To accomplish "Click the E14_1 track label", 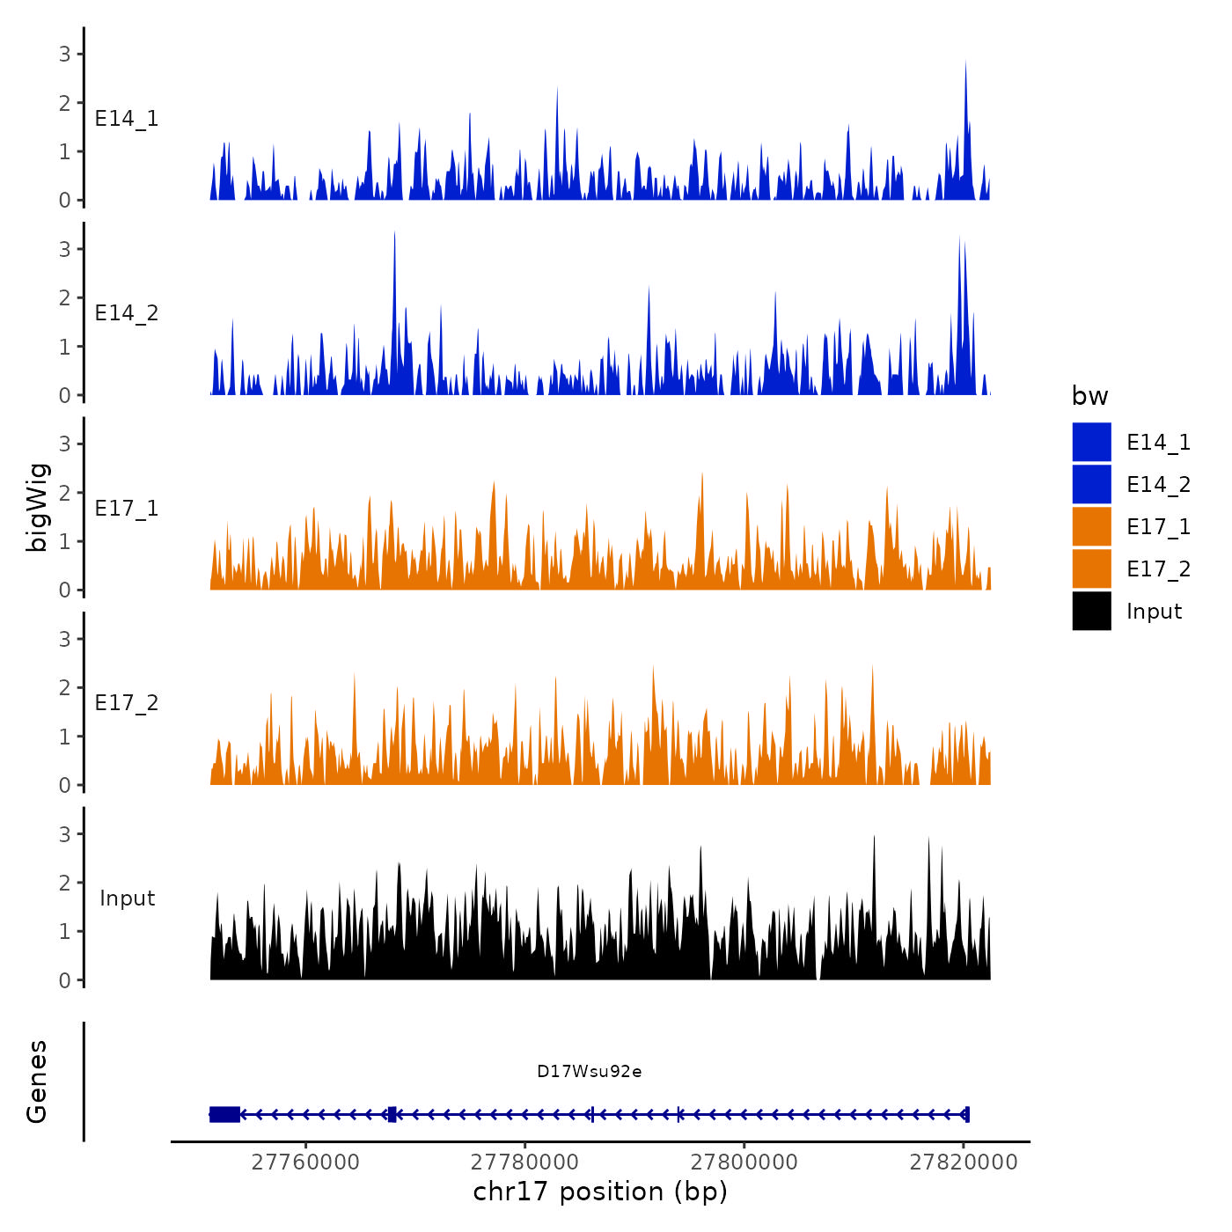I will coord(127,119).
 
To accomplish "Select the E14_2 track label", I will coord(127,313).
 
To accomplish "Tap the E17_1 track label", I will coord(127,509).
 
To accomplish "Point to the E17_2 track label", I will coord(127,703).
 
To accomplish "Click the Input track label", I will coord(127,898).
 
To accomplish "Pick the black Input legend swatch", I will coord(1091,611).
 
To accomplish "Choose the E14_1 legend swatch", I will coord(1091,442).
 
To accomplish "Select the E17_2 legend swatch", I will coord(1091,568).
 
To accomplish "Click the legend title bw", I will coord(1089,396).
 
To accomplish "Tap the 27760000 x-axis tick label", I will coord(305,1162).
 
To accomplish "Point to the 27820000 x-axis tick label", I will coord(964,1162).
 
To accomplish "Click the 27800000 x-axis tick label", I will coord(744,1162).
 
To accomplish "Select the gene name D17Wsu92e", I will coord(589,1071).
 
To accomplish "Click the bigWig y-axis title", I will coord(38,507).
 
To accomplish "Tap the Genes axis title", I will coord(37,1082).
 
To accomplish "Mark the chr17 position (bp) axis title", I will coord(600,1192).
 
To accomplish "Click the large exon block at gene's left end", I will coord(224,1114).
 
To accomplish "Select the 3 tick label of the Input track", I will coord(65,833).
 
